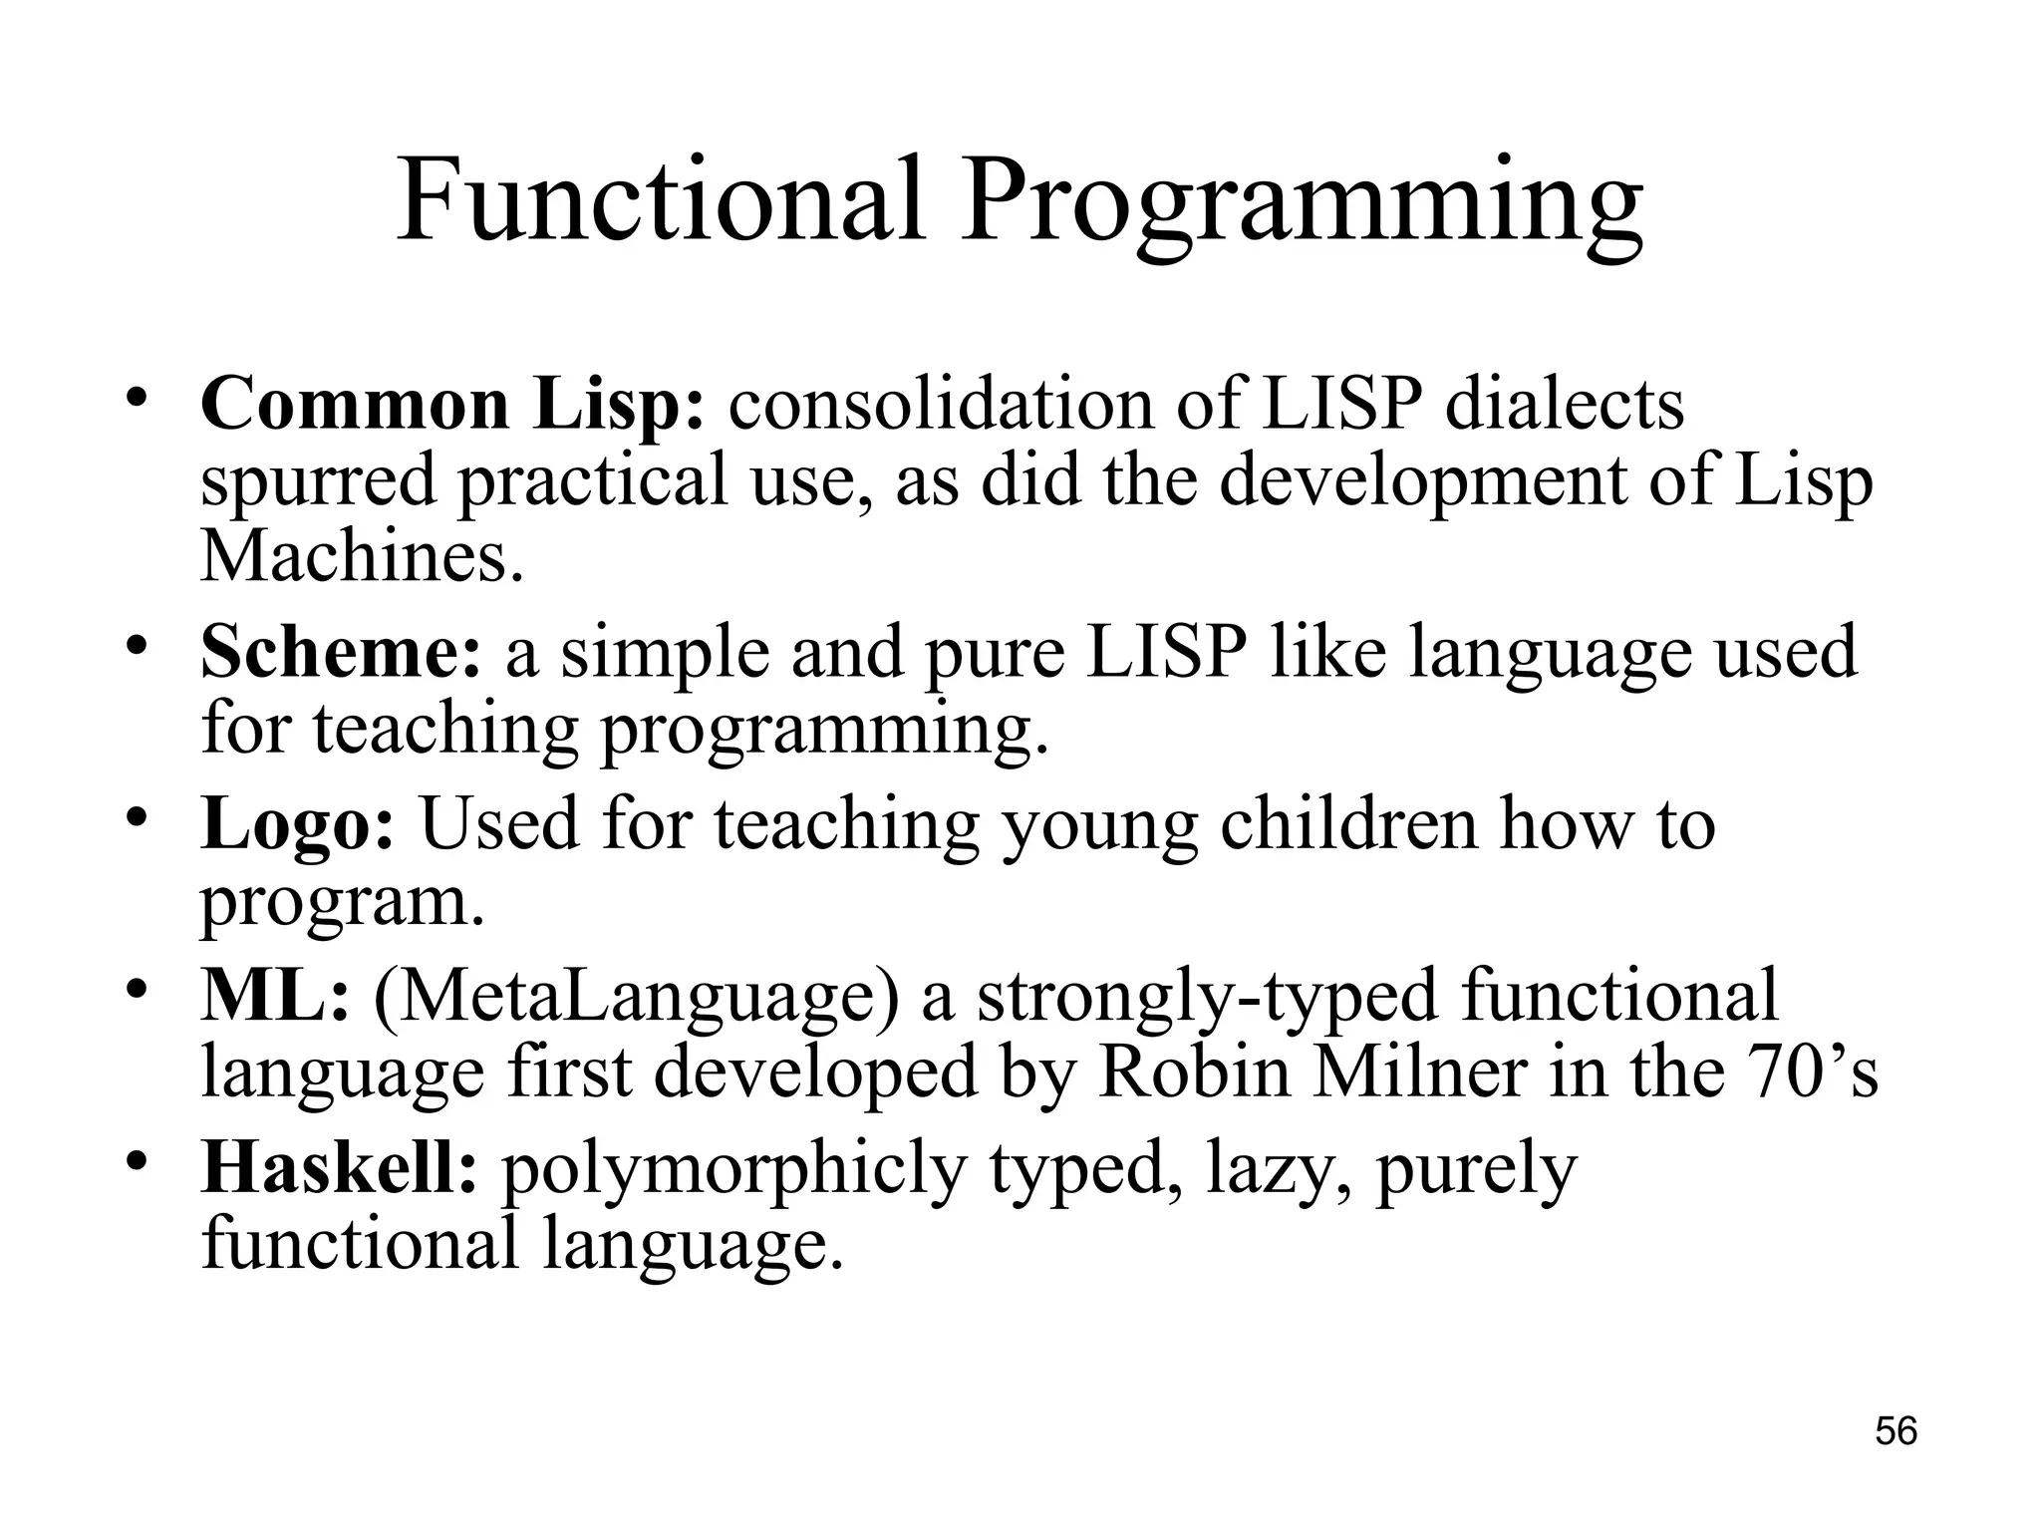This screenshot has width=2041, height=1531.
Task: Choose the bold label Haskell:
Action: click(340, 1168)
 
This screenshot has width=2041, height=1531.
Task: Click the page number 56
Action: click(1895, 1431)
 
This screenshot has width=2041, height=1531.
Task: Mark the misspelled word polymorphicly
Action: click(733, 1172)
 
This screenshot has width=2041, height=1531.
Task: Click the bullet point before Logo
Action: click(139, 817)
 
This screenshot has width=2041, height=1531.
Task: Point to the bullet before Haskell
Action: click(139, 1161)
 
